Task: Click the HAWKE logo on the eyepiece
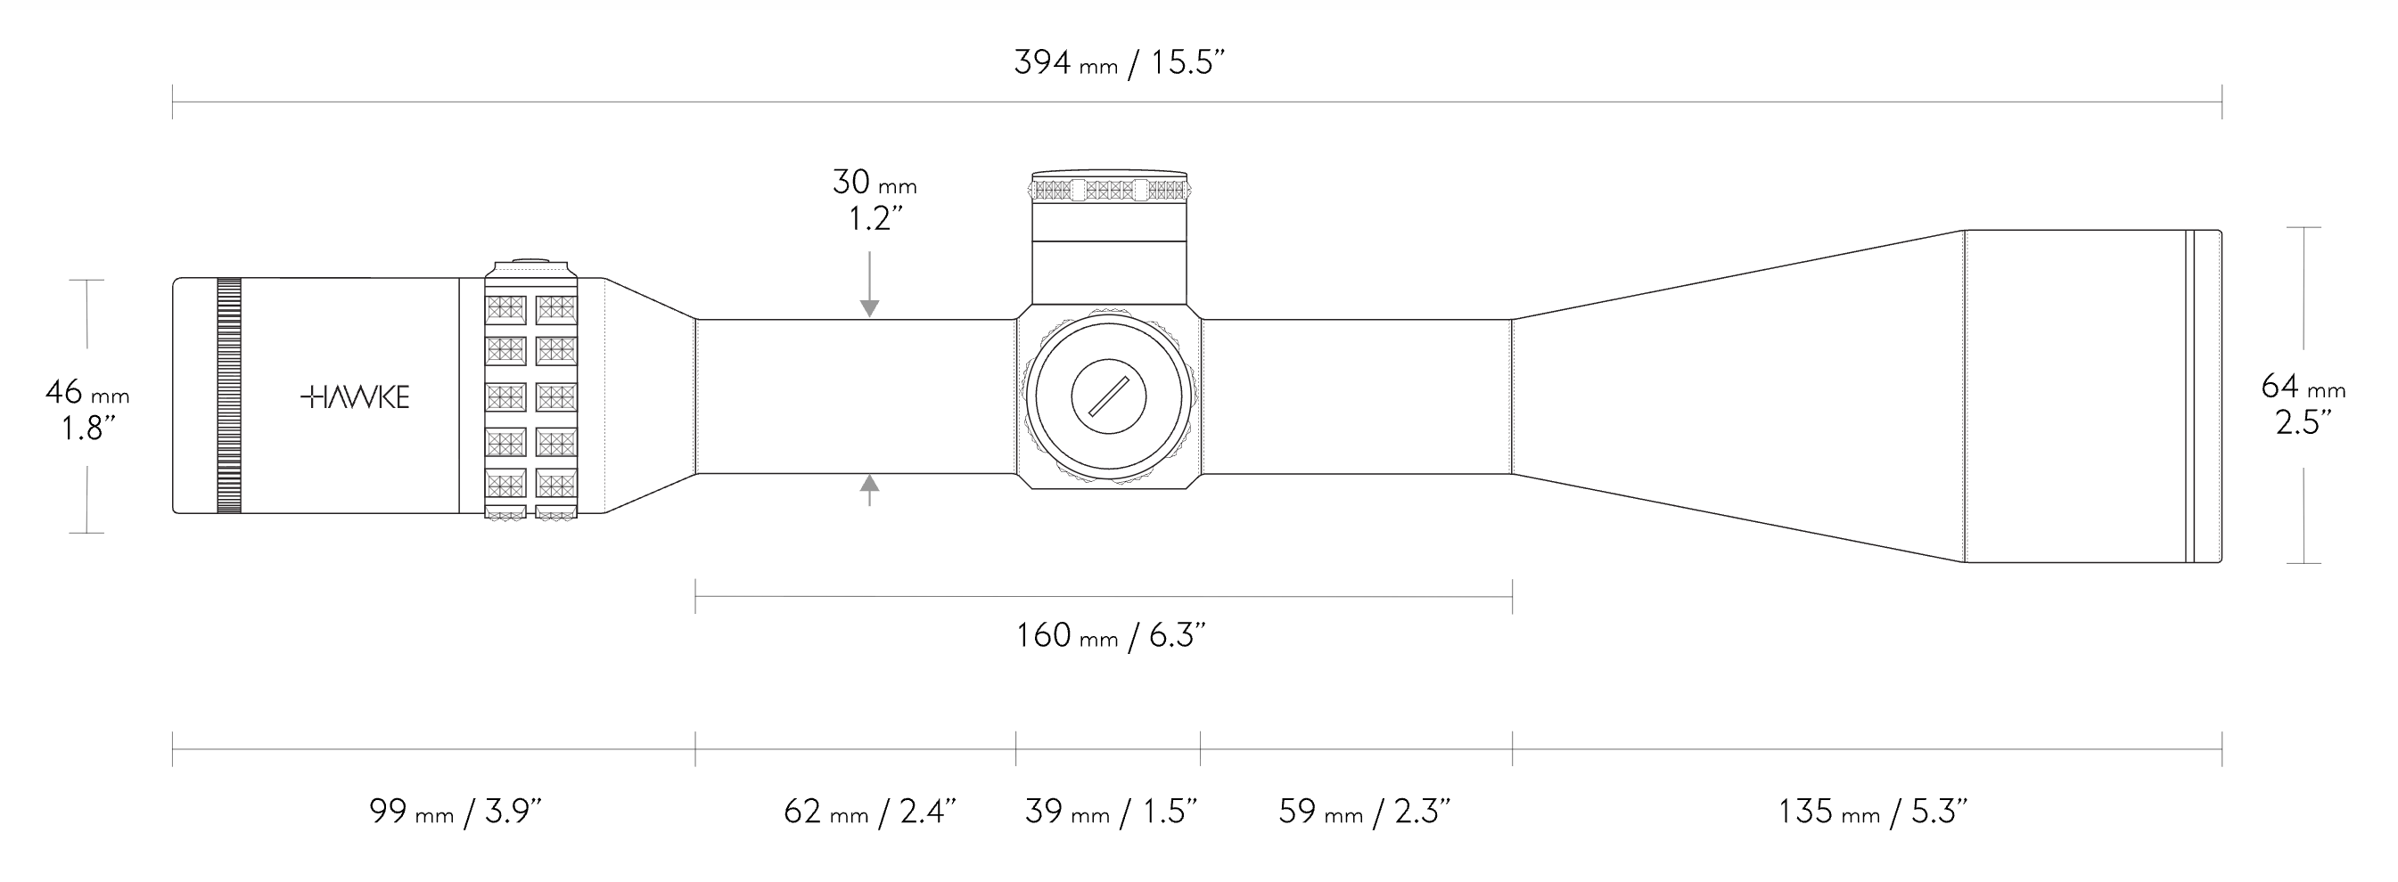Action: click(356, 397)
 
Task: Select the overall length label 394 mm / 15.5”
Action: click(1119, 62)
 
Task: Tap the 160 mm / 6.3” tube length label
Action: click(1111, 635)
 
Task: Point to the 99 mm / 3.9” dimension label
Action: click(456, 812)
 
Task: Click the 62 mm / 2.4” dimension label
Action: click(869, 812)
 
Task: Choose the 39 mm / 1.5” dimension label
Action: click(1111, 812)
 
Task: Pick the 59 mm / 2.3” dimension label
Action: click(1364, 812)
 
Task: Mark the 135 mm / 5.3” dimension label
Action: click(1872, 812)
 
